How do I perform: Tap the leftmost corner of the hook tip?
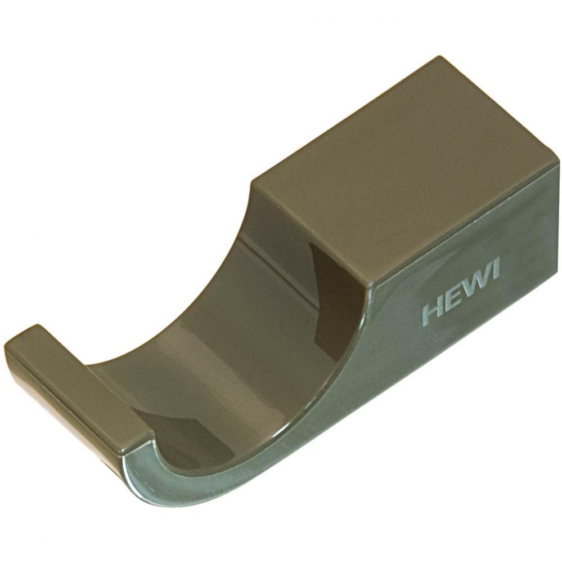6,345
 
